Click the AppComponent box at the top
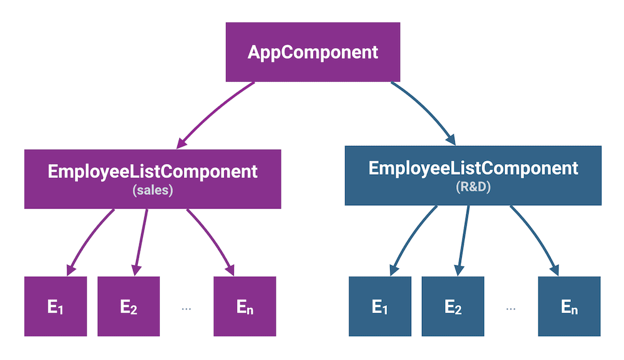(313, 52)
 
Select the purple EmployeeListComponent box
(152, 178)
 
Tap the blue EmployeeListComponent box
(473, 175)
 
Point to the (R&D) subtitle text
(473, 187)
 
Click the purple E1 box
(56, 306)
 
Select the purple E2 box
(129, 306)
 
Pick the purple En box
(245, 306)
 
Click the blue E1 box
(380, 306)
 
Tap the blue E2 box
(453, 306)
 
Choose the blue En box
(569, 306)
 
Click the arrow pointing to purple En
(212, 240)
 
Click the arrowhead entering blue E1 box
(392, 269)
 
